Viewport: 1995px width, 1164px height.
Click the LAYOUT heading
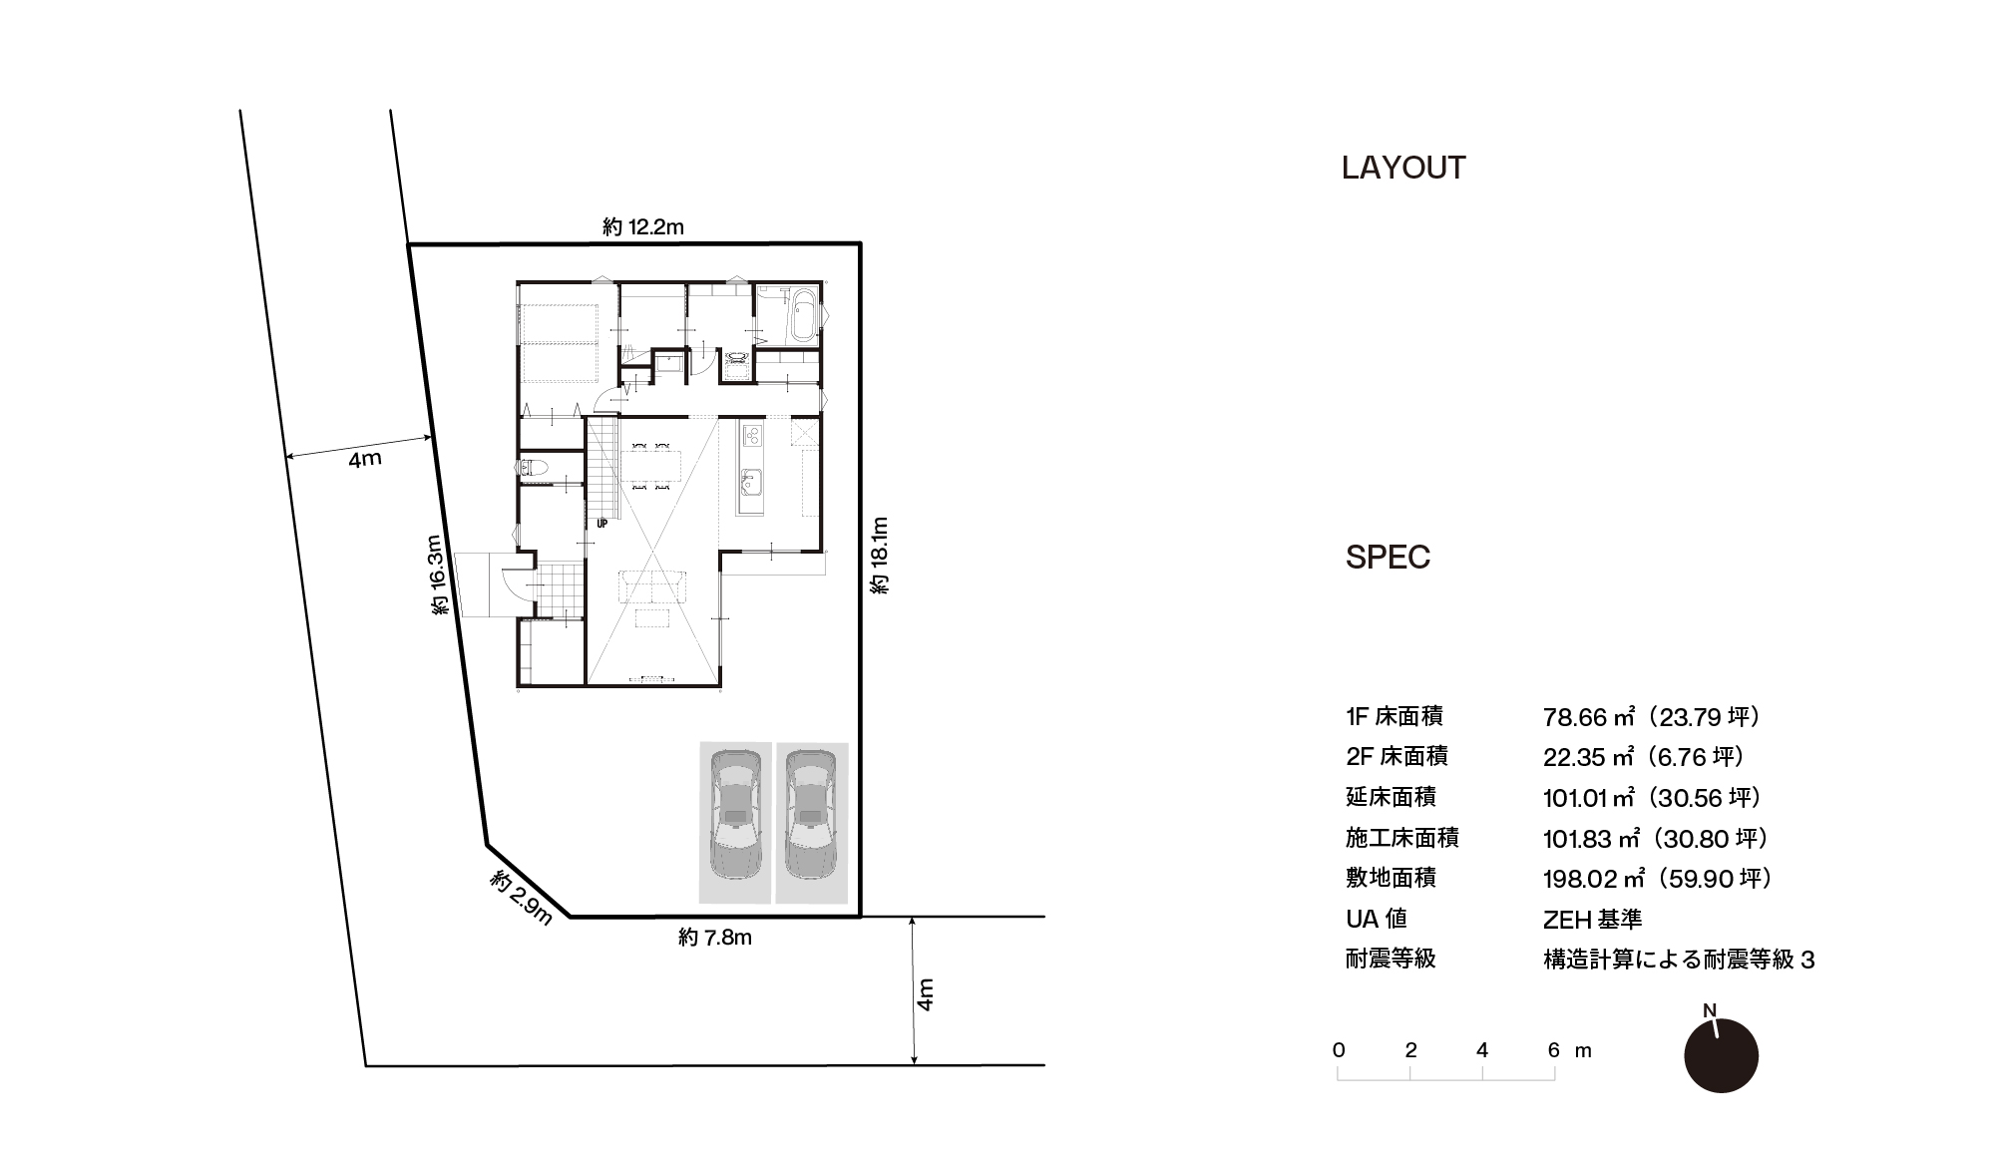[x=1403, y=168]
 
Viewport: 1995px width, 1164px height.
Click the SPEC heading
[x=1388, y=557]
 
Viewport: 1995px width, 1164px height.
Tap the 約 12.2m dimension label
[x=643, y=227]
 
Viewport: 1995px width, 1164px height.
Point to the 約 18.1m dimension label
[x=879, y=556]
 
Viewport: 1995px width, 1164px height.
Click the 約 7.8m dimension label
[x=715, y=938]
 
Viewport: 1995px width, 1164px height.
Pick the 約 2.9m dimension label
[x=521, y=898]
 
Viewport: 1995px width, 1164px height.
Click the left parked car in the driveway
[x=735, y=816]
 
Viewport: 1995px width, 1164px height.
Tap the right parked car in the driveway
[x=810, y=816]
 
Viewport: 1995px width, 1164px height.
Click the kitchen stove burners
[x=752, y=435]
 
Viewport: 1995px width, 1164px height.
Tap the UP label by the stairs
[x=601, y=523]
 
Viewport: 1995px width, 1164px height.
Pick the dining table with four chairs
[x=651, y=466]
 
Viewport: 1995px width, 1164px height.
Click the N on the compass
[x=1710, y=1010]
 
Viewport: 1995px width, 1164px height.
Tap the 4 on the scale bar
[x=1482, y=1049]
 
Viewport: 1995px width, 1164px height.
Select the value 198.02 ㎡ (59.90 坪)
[x=1657, y=879]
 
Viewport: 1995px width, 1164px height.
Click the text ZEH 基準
[x=1592, y=919]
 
